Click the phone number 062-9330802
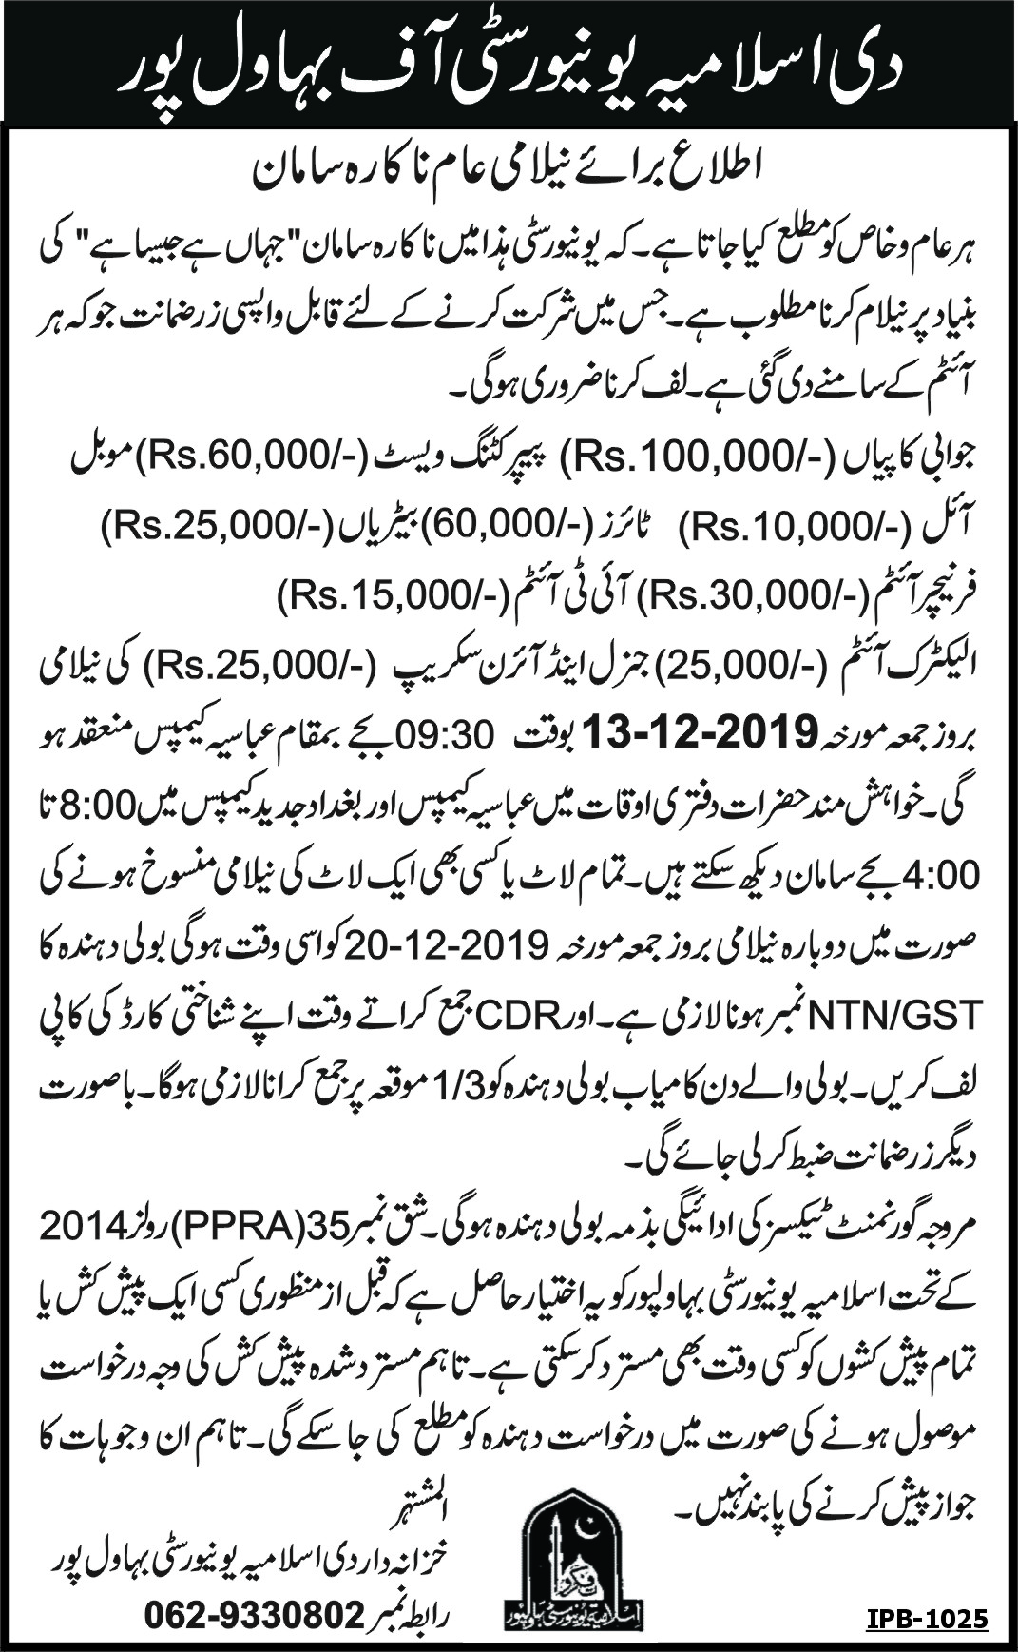[253, 1614]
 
